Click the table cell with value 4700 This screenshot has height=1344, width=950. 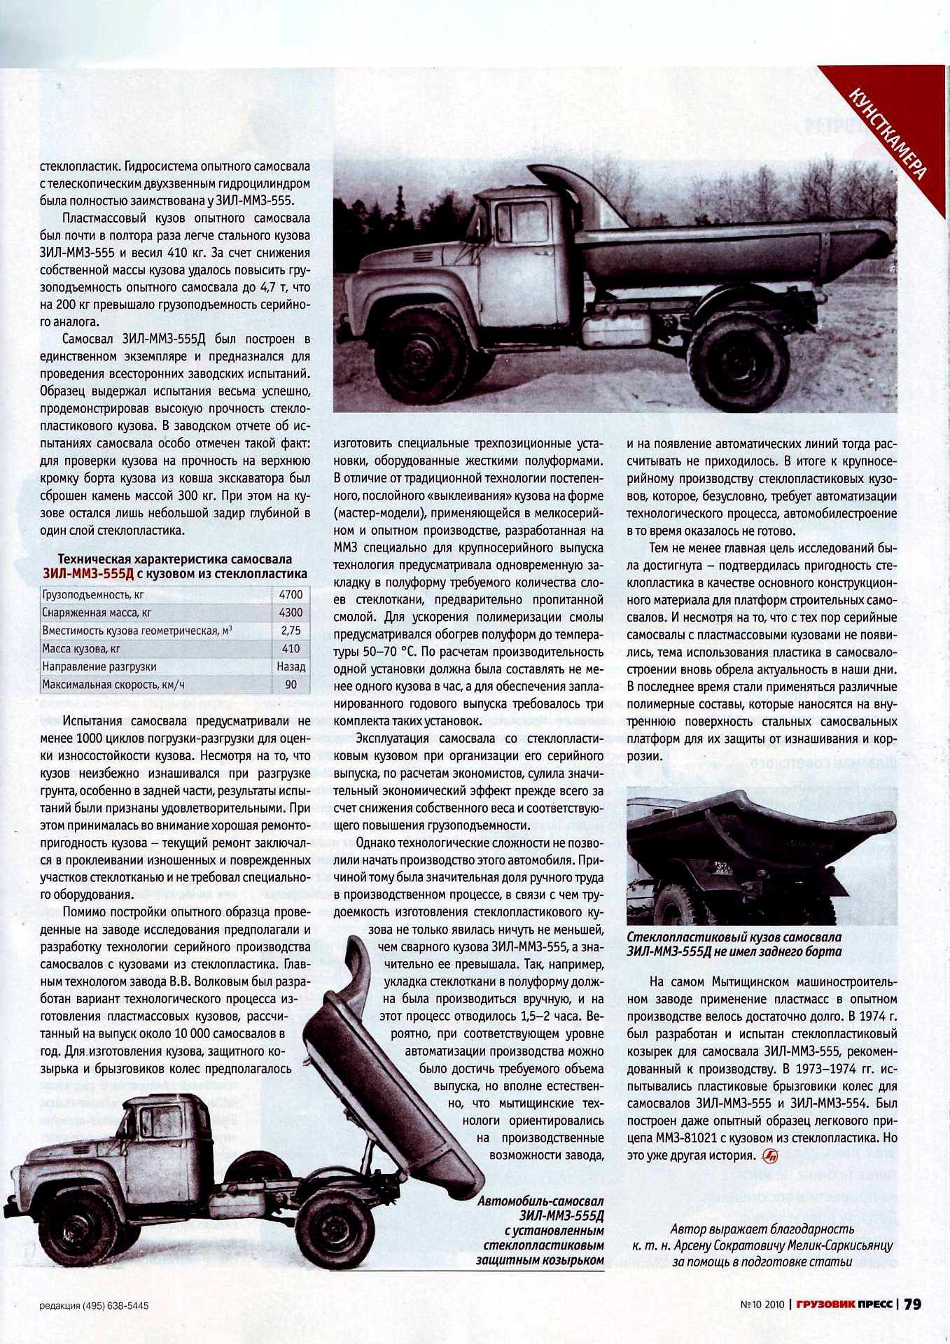(x=291, y=595)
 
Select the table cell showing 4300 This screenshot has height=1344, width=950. (x=291, y=612)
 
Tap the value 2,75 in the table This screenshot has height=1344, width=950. (x=291, y=631)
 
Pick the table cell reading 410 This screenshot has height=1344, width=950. (x=291, y=649)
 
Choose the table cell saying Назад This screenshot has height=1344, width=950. (x=291, y=667)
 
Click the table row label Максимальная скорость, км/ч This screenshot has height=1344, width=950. (x=113, y=685)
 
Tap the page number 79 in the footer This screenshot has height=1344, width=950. (x=912, y=1304)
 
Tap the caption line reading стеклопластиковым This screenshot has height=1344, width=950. (x=543, y=1245)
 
